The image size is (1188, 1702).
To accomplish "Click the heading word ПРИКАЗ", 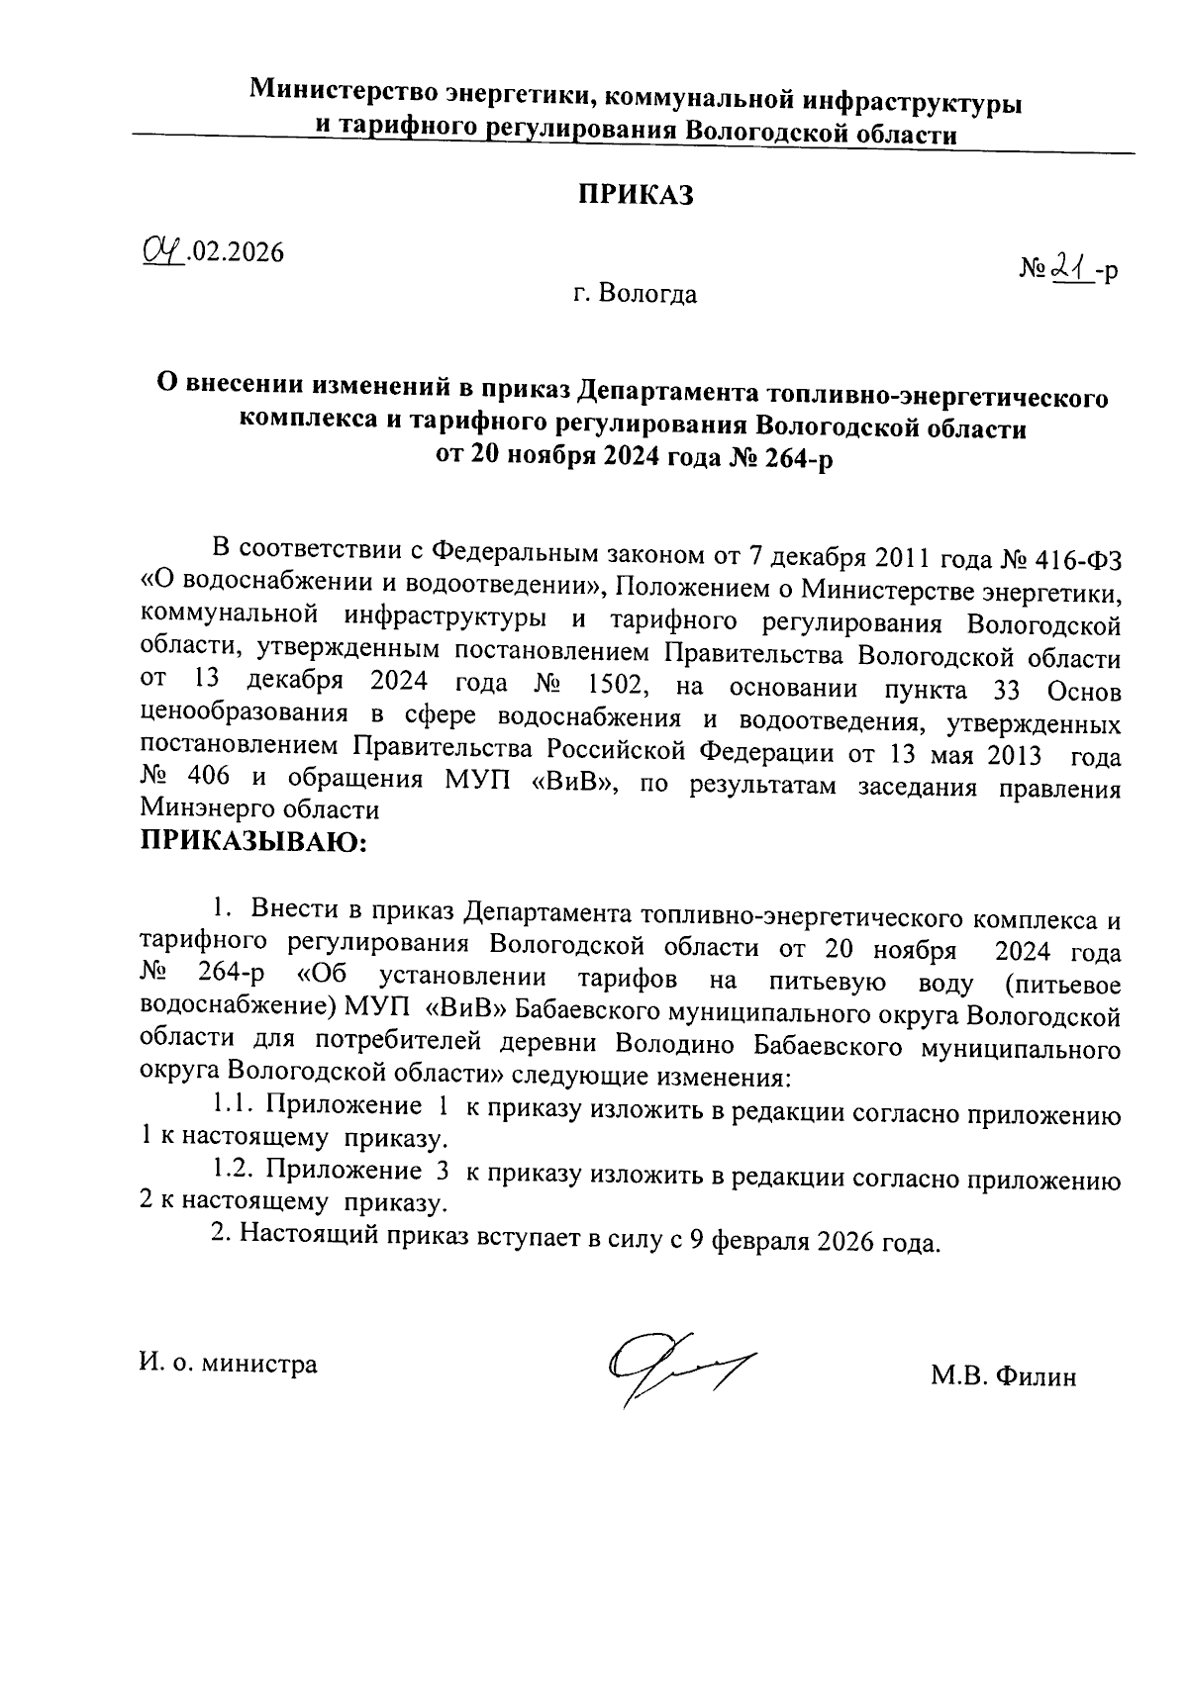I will pyautogui.click(x=636, y=195).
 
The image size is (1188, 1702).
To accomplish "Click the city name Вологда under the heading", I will pyautogui.click(x=648, y=295).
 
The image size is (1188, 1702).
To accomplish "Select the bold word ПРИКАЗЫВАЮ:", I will pyautogui.click(x=253, y=843).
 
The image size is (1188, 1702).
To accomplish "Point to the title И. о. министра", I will pyautogui.click(x=229, y=1364).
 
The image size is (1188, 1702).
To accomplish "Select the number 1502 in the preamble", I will pyautogui.click(x=619, y=685).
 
